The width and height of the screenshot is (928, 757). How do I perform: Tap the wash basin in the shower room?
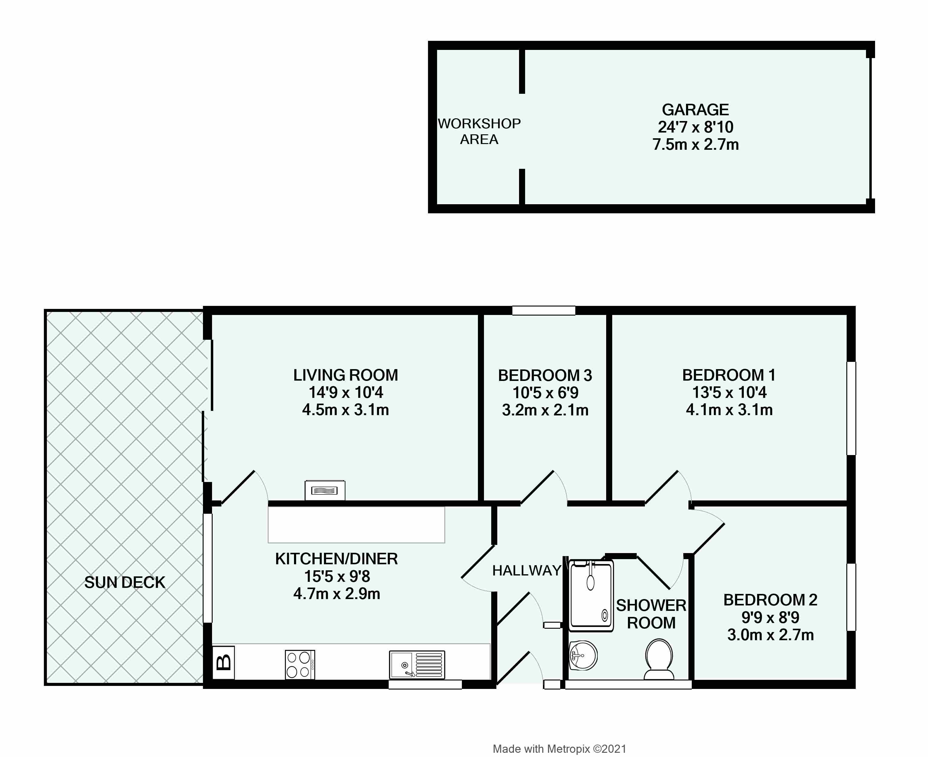point(583,655)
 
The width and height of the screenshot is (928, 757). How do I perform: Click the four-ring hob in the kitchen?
point(300,664)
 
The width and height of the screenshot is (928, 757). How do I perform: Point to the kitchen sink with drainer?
point(417,664)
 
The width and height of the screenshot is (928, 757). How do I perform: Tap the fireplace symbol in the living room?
point(325,490)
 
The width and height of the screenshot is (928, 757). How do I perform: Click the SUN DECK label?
point(125,583)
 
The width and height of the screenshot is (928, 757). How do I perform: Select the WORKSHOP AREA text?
point(479,131)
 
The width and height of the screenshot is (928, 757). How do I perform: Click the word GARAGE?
point(695,110)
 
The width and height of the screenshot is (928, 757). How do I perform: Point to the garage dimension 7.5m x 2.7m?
point(695,144)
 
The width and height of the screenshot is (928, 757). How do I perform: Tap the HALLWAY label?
point(527,570)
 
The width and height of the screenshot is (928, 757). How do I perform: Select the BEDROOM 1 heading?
point(729,375)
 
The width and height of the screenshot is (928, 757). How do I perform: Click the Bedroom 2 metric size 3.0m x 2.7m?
point(770,635)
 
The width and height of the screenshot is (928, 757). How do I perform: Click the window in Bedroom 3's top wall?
point(544,310)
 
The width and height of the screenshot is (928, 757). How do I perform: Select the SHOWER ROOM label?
point(651,614)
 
